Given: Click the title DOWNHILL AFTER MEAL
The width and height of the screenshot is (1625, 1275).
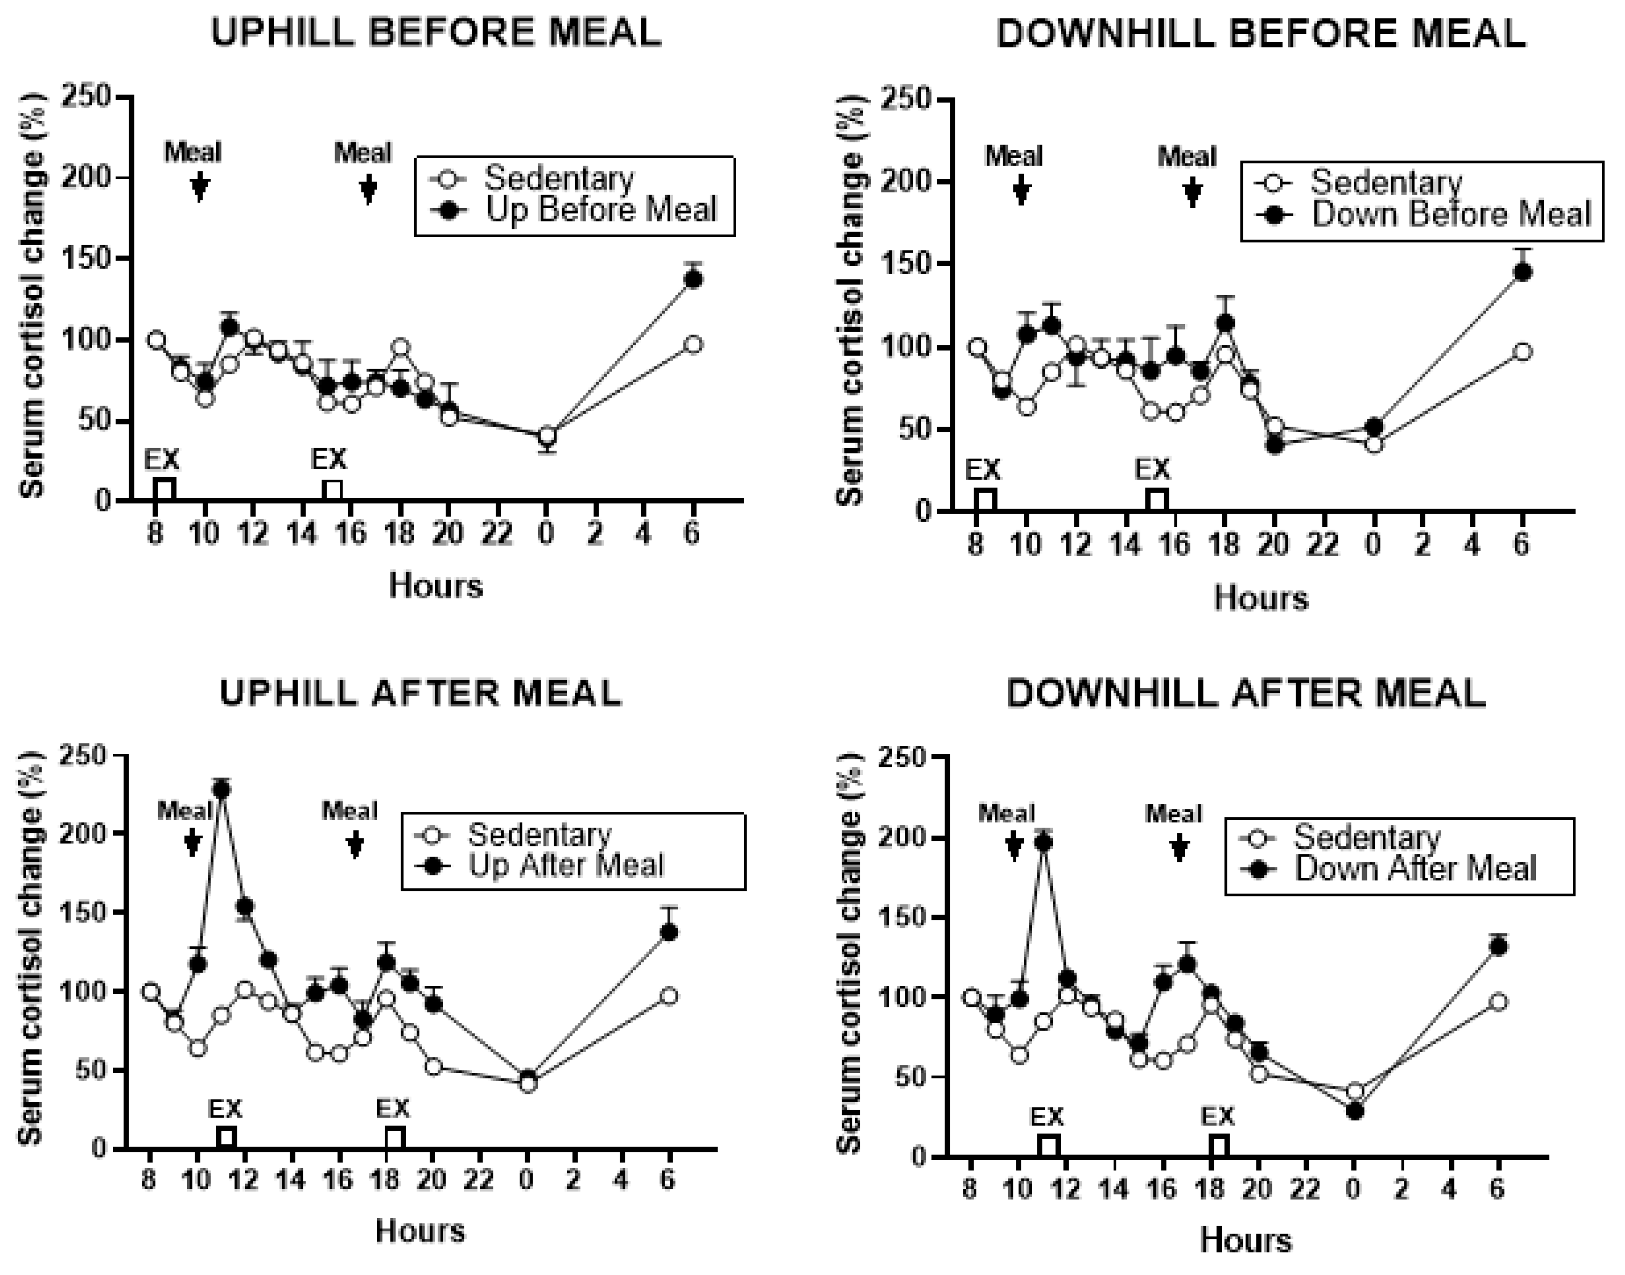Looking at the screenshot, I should (1245, 694).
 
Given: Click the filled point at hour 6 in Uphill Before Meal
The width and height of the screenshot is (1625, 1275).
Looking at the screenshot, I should (693, 279).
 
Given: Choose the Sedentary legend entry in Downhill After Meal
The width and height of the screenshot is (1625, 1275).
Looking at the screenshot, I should (1366, 837).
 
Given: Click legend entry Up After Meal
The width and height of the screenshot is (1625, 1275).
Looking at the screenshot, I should (565, 866).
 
